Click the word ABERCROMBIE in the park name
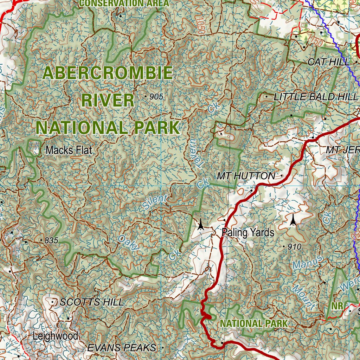click(x=108, y=73)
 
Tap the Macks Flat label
click(x=69, y=150)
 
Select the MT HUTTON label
click(x=246, y=176)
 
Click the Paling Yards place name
click(x=248, y=232)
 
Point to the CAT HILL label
click(x=328, y=62)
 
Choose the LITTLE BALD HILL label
click(x=310, y=97)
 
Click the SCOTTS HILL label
click(x=92, y=302)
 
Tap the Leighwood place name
click(x=55, y=336)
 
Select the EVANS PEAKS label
click(x=122, y=348)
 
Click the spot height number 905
click(x=156, y=97)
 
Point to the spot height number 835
click(x=51, y=240)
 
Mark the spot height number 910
click(x=294, y=247)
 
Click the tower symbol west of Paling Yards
click(x=200, y=224)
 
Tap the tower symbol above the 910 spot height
click(x=292, y=220)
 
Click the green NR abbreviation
click(x=337, y=306)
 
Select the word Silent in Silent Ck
click(x=155, y=202)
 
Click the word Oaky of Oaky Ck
click(x=129, y=243)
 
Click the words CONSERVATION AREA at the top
click(x=124, y=4)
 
